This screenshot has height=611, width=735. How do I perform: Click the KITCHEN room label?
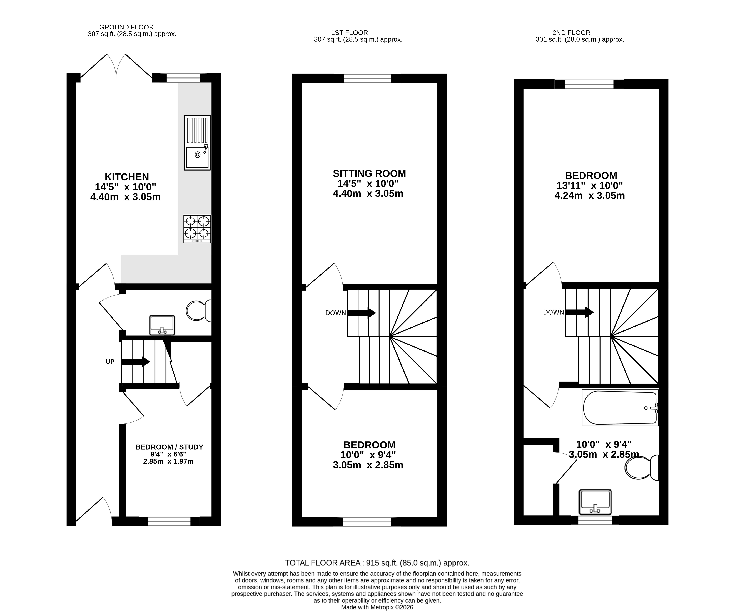[x=127, y=177]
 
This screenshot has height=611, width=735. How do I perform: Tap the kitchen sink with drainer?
[x=197, y=143]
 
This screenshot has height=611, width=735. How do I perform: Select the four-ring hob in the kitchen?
[x=197, y=229]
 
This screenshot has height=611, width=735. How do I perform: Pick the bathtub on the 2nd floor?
[x=620, y=408]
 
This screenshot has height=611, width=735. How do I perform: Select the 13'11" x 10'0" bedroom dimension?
[x=590, y=185]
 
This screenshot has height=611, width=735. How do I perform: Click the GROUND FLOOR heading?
[x=126, y=27]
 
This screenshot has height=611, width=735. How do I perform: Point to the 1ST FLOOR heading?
[x=349, y=32]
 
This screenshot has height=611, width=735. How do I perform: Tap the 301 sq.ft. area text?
[x=580, y=39]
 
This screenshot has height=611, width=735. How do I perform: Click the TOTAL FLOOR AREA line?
[x=377, y=563]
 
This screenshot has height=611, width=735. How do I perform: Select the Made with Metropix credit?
[x=377, y=607]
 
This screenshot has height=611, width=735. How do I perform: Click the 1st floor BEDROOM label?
[x=369, y=445]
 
